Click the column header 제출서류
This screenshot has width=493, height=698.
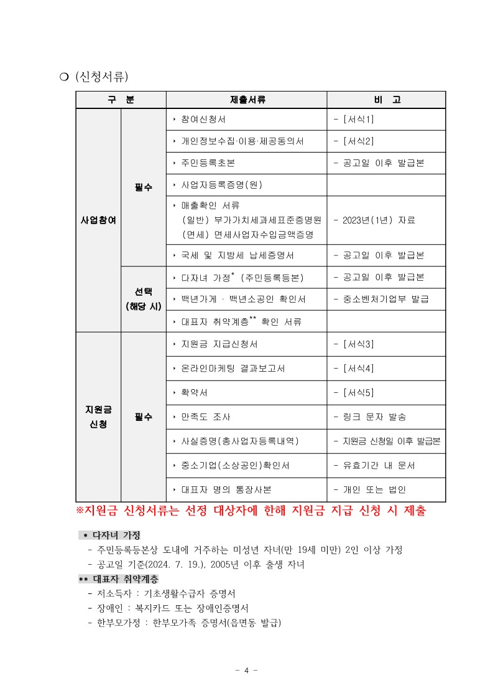[247, 100]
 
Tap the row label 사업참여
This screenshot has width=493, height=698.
[98, 220]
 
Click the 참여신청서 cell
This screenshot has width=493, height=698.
[203, 119]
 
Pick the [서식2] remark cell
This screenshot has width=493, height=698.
[354, 141]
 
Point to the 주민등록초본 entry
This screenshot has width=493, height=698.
[208, 163]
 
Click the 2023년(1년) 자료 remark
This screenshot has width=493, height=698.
[374, 220]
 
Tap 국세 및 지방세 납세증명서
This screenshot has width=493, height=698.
[237, 255]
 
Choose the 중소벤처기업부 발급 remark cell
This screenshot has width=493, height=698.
[381, 299]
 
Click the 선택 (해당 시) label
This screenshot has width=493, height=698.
[143, 299]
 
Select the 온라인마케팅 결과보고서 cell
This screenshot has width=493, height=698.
[233, 368]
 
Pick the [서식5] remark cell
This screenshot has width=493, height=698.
[354, 392]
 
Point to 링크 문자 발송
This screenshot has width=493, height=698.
[370, 417]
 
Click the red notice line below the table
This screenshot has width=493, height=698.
[251, 511]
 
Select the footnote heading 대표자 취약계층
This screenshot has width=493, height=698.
[119, 579]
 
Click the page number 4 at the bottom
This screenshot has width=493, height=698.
[246, 671]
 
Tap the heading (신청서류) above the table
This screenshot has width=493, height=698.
[101, 77]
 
